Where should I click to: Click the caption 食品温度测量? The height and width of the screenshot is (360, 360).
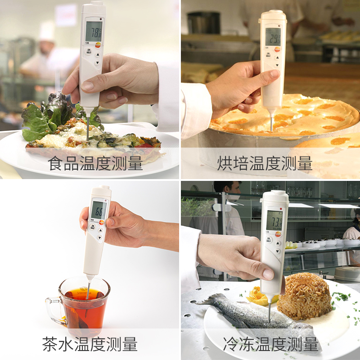tap(95, 163)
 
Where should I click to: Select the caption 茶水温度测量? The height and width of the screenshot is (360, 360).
tap(90, 344)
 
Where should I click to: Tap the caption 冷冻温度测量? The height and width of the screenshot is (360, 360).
tap(270, 344)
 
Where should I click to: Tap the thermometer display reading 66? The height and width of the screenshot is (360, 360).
tap(99, 209)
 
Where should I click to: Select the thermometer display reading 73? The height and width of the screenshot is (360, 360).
tap(274, 220)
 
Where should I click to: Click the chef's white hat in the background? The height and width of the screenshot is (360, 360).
tap(46, 31)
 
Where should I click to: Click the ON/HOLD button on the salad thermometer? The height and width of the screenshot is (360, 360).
tap(89, 52)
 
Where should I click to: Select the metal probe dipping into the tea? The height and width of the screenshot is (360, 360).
tap(88, 290)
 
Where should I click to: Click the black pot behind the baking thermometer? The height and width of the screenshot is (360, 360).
tap(203, 22)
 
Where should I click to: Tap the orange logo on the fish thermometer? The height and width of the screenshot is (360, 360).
tap(278, 233)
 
